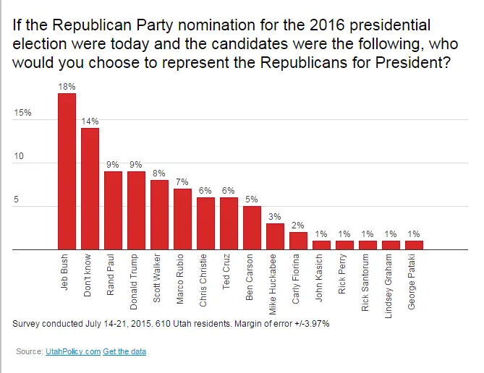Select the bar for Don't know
pyautogui.click(x=90, y=189)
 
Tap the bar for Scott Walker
pyautogui.click(x=159, y=215)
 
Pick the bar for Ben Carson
pyautogui.click(x=252, y=228)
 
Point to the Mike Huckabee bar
pyautogui.click(x=275, y=237)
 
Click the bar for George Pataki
pyautogui.click(x=414, y=246)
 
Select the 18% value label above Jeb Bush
pyautogui.click(x=67, y=87)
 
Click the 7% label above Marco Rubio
pyautogui.click(x=182, y=182)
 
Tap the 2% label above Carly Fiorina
pyautogui.click(x=298, y=226)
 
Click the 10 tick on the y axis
pyautogui.click(x=20, y=156)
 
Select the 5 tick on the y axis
pyautogui.click(x=17, y=200)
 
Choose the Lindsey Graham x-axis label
pyautogui.click(x=391, y=286)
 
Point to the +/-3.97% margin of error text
pyautogui.click(x=306, y=323)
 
